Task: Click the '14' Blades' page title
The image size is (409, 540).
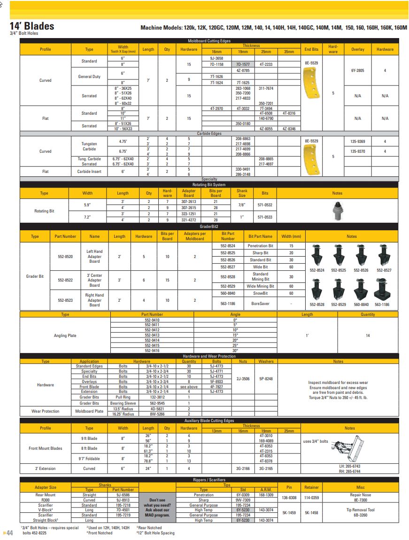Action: (32, 26)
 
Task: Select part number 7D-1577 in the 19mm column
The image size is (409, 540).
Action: (243, 64)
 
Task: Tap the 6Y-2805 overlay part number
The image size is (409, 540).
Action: (357, 70)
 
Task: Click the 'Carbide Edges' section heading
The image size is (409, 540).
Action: (209, 133)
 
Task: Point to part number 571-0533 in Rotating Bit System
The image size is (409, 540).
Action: (265, 217)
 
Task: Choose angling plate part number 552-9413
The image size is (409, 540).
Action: (152, 336)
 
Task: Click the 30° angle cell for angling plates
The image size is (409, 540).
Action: (235, 351)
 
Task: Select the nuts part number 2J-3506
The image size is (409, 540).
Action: (243, 378)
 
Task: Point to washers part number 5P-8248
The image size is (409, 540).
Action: (266, 378)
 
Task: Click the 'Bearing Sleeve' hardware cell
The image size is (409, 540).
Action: (123, 403)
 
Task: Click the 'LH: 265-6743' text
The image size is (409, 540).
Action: (350, 466)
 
